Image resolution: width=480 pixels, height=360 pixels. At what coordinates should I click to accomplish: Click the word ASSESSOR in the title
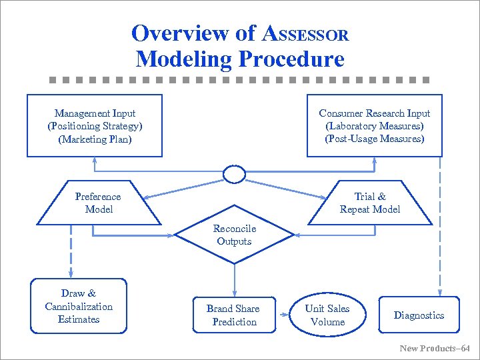coord(306,33)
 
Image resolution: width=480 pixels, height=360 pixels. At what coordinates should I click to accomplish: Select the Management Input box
coord(95,126)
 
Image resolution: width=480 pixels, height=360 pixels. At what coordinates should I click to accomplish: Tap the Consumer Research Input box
coord(374,126)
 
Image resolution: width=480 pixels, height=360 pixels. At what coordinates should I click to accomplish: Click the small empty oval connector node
coord(234,175)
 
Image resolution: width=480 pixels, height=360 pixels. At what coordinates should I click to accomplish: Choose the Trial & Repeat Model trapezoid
coord(370,203)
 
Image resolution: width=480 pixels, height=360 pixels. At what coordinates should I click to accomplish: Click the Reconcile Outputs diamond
coord(234,235)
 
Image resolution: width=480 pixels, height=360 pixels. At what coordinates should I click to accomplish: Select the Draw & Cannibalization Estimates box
coord(79,306)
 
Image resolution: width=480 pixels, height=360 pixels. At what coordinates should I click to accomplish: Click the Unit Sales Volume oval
coord(327,315)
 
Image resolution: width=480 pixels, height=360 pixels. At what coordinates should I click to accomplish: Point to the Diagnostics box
coord(419,315)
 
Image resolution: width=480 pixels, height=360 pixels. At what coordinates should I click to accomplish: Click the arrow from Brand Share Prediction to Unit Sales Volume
coord(282,315)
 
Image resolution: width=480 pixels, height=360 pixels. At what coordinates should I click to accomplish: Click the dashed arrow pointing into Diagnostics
coord(439,227)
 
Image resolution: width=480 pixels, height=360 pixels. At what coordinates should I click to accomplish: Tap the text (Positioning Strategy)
coord(95,126)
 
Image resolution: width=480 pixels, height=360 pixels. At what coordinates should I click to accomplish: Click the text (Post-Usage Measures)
coord(374,139)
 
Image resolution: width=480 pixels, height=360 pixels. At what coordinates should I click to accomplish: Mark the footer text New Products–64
coord(435,348)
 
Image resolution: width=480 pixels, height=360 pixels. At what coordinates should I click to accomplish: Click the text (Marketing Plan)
coord(95,139)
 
